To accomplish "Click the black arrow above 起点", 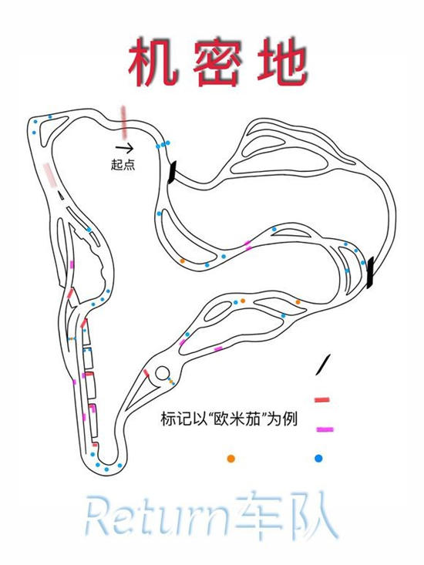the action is coord(124,147).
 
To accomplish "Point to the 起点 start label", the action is coord(123,165).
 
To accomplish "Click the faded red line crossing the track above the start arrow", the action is coord(124,122).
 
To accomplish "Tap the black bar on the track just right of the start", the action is coord(172,172).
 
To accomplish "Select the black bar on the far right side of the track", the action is coord(370,272).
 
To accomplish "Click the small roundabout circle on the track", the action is coord(163,374).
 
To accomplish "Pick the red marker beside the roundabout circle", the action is coord(146,373).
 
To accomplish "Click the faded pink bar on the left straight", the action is coord(50,175).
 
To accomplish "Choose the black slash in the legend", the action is coord(323,365).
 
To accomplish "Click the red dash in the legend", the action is coord(322,399).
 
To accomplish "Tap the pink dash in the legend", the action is coord(325,429).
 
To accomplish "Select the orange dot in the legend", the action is coord(231,459).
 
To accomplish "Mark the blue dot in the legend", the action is coord(318,458).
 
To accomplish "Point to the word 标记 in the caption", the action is coord(174,419).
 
